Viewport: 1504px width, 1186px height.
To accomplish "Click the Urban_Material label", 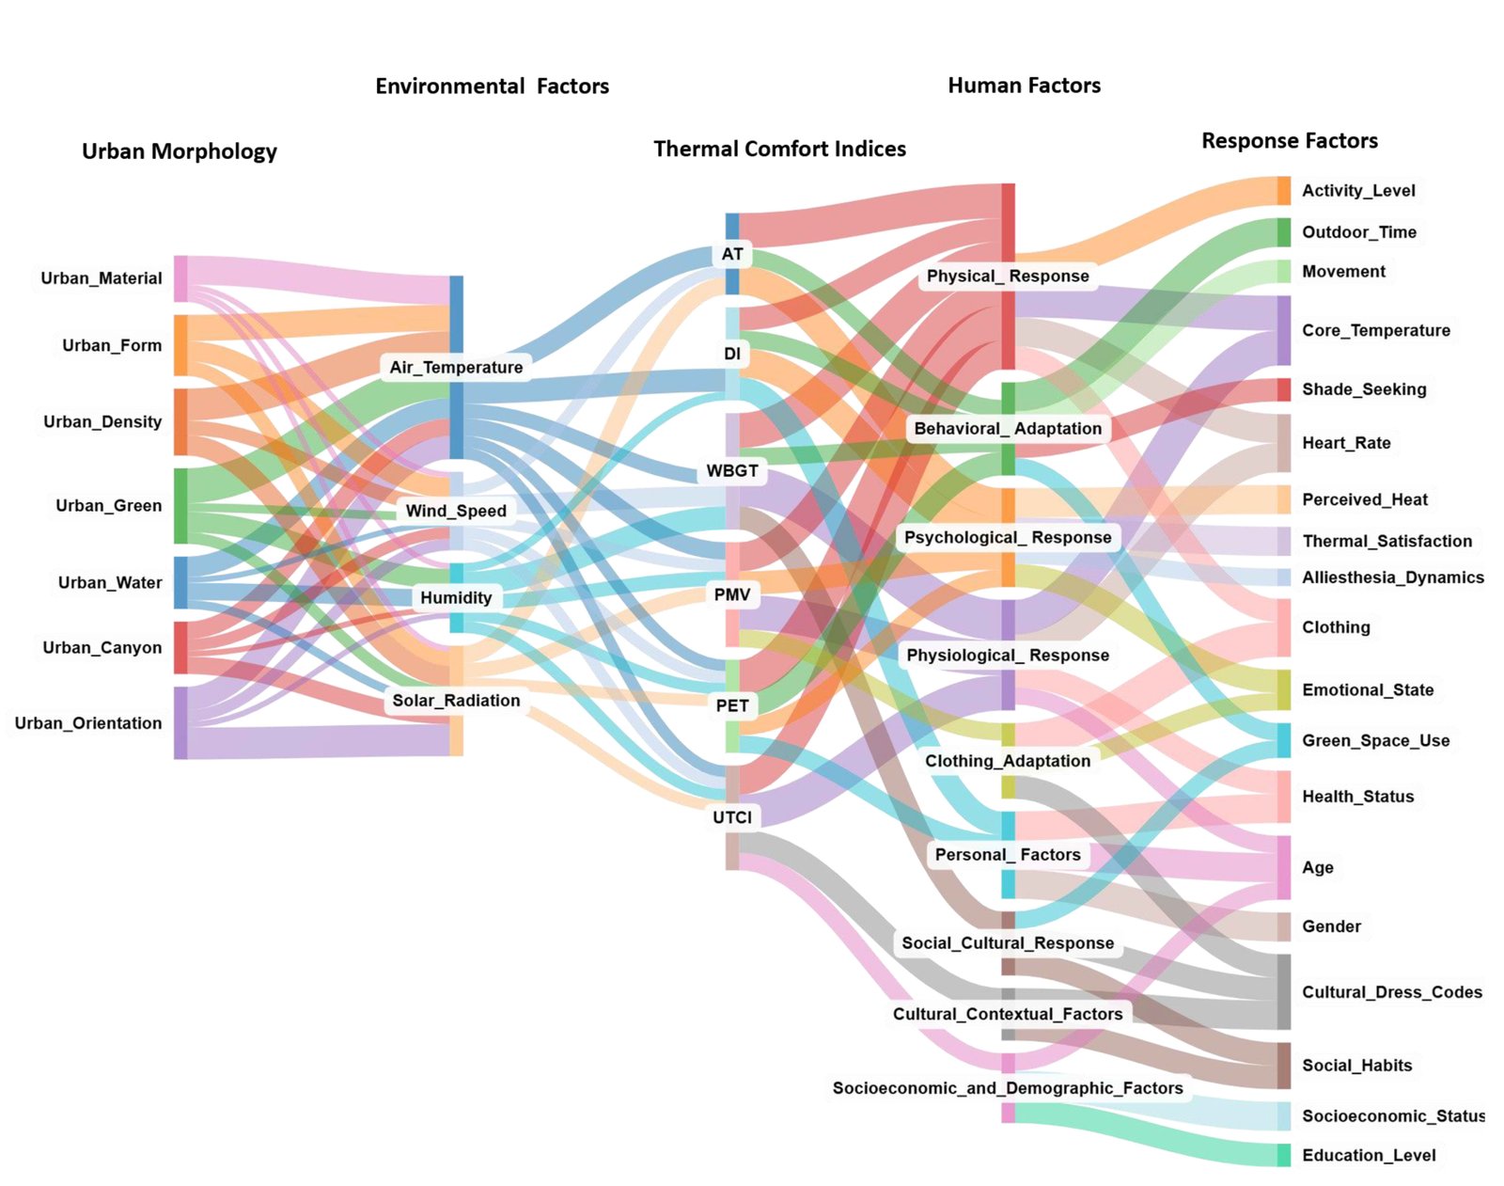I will coord(101,278).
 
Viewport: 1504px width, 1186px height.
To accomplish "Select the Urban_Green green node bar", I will coord(180,506).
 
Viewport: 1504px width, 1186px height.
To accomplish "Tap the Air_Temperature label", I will coord(456,367).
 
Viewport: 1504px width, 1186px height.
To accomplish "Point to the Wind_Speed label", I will coord(456,511).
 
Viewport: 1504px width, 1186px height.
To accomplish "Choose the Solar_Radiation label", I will coord(456,701).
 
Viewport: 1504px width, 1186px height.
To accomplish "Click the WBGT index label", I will coord(732,470).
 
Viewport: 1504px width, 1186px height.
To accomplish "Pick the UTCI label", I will coord(732,817).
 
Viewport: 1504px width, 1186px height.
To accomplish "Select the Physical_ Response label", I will coord(1008,276).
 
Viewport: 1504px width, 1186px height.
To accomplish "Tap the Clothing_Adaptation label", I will coord(1008,761).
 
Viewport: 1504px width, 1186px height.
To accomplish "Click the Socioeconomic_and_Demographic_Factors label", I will coord(1008,1088).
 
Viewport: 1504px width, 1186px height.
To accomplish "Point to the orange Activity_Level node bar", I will coord(1284,190).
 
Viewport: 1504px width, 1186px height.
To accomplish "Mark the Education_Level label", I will coord(1369,1156).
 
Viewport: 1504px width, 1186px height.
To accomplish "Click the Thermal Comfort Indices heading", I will coord(779,149).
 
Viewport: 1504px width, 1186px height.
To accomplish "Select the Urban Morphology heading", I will coord(179,151).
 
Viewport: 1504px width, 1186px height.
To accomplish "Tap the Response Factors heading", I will coord(1289,141).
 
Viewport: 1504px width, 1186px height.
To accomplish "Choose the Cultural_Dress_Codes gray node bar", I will coord(1284,992).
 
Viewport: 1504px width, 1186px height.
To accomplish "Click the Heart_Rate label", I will coord(1346,443).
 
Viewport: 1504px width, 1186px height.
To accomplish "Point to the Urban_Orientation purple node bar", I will coord(180,722).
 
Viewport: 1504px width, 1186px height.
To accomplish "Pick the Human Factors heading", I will coord(1024,86).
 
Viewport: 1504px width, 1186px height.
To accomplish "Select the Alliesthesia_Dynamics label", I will coord(1392,577).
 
